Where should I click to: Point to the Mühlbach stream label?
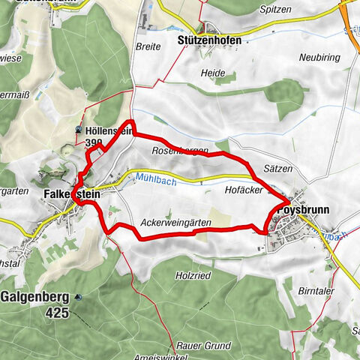pos(157,178)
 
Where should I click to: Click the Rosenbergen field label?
pos(180,151)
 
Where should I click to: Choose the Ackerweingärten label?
pos(175,223)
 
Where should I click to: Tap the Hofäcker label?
pos(243,191)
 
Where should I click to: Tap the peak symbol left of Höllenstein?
pos(79,130)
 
